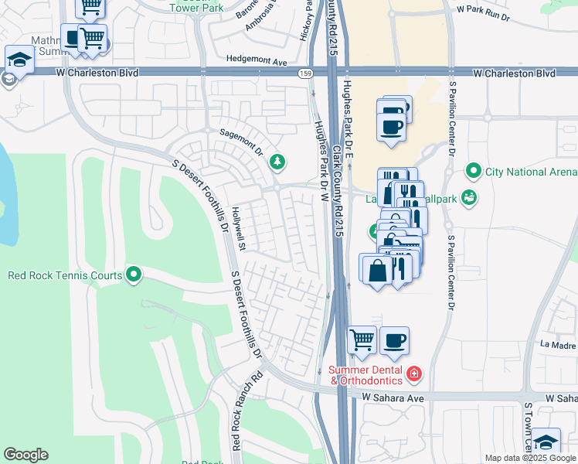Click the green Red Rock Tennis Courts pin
134,275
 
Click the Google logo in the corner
25,455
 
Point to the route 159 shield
306,73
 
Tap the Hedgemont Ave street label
257,60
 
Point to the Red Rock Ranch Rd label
237,411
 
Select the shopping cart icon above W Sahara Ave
362,339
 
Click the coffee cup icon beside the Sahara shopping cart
394,339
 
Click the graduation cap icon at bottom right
546,442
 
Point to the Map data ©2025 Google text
529,458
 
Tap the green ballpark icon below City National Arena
468,199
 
